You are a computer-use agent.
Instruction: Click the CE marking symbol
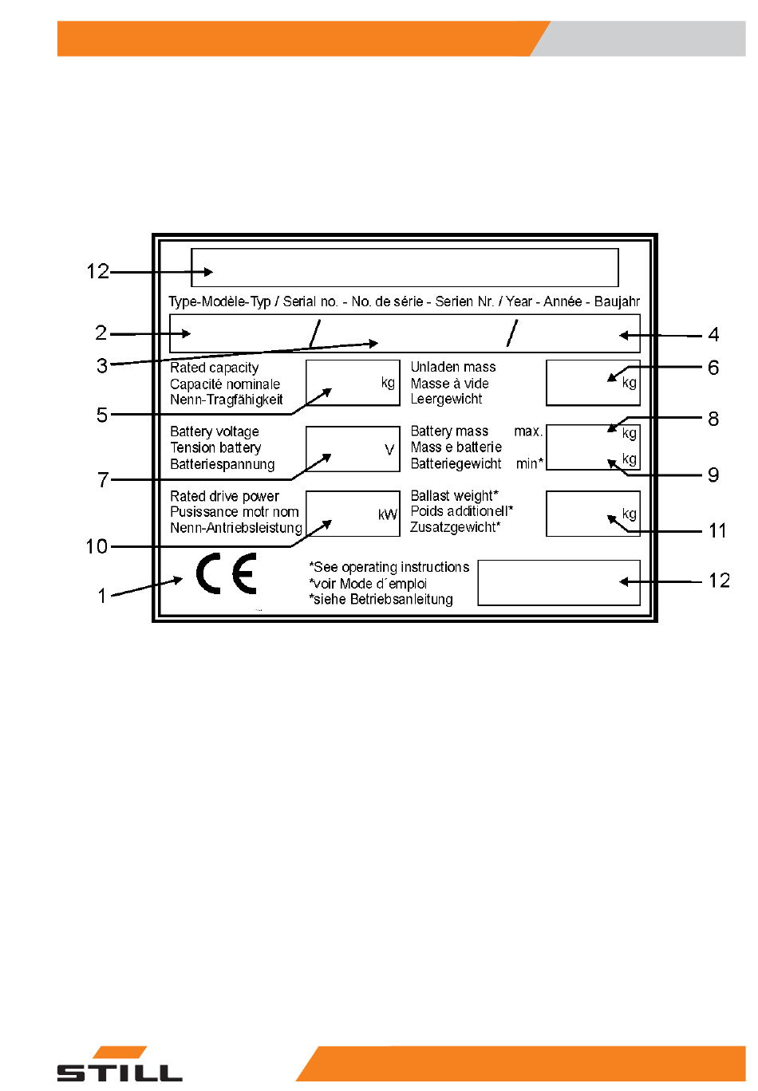tap(227, 573)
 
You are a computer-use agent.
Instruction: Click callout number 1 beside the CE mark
tap(102, 596)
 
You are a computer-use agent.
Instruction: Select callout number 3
tap(102, 365)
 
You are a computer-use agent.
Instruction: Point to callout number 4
tap(713, 335)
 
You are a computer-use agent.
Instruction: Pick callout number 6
tap(713, 368)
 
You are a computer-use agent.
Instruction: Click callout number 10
tap(97, 546)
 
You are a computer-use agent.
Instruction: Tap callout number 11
tap(717, 530)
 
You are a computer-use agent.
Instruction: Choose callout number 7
tap(103, 480)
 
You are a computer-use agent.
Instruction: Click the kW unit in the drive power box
tap(388, 514)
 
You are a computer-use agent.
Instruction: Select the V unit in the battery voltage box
tap(389, 450)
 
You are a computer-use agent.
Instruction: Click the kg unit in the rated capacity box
tap(388, 383)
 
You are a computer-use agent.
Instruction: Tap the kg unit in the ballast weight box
tap(629, 514)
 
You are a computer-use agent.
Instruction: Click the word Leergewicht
tap(446, 399)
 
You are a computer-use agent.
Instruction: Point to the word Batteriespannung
tap(222, 464)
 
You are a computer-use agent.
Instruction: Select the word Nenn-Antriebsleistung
tap(236, 527)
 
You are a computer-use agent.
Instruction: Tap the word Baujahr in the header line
tap(617, 301)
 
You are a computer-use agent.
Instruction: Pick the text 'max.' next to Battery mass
tap(528, 431)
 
